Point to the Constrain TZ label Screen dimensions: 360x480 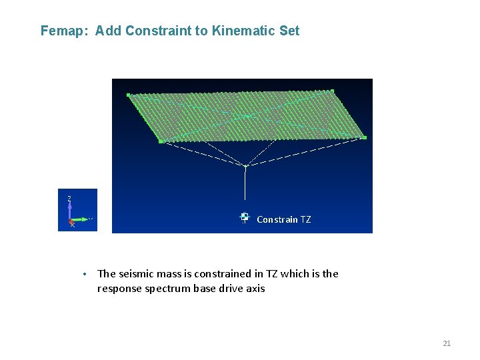coord(283,219)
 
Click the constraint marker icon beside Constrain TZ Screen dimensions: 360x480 coord(245,217)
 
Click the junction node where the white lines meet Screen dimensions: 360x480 coord(245,166)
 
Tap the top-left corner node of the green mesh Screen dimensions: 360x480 coord(129,95)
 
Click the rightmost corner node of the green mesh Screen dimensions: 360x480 coord(365,137)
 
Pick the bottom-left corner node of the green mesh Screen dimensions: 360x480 coord(161,141)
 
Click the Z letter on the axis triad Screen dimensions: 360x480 coord(69,198)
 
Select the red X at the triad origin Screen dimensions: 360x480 coord(72,225)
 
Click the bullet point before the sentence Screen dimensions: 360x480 coord(85,274)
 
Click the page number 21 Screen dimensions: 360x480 coord(447,343)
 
